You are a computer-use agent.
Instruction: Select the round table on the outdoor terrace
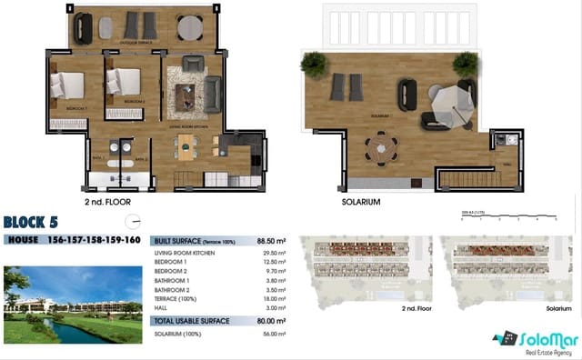pyautogui.click(x=189, y=28)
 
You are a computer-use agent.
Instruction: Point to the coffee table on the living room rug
pyautogui.click(x=190, y=94)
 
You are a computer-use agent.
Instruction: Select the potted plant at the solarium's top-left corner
pyautogui.click(x=315, y=63)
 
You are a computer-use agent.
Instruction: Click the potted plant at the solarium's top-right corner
pyautogui.click(x=465, y=62)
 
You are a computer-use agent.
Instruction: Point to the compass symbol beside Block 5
pyautogui.click(x=135, y=221)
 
